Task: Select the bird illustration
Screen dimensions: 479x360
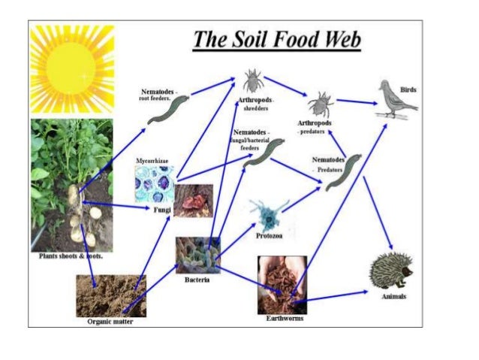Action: click(396, 98)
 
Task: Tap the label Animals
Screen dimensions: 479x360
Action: click(393, 297)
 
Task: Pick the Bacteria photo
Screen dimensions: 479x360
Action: click(197, 256)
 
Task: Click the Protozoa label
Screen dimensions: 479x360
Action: click(269, 234)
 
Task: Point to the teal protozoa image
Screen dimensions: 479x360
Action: click(266, 212)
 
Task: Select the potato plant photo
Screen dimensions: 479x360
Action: click(71, 184)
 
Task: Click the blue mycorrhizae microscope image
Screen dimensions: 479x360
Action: click(154, 184)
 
